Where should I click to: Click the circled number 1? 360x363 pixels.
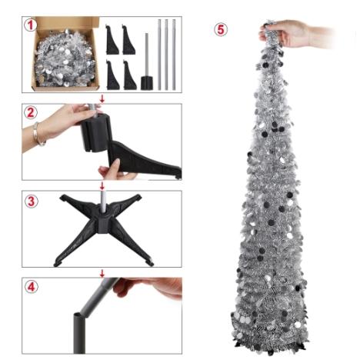click(31, 25)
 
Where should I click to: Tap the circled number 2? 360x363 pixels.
click(31, 112)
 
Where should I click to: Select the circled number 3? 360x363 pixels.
click(31, 201)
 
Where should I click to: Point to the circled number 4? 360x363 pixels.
click(31, 287)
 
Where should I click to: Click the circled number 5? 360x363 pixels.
click(221, 29)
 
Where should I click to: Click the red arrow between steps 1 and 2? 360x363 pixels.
click(102, 98)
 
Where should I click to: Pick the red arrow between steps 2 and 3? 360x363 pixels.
click(102, 186)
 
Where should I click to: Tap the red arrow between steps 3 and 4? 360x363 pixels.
click(102, 273)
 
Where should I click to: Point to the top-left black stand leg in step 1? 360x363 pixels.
click(112, 39)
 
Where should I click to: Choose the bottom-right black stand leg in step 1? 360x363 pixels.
click(129, 75)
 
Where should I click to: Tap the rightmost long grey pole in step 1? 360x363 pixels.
click(174, 55)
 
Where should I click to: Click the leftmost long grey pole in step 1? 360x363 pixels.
click(159, 55)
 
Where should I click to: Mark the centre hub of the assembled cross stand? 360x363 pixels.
click(103, 221)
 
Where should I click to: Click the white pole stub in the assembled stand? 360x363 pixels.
click(103, 201)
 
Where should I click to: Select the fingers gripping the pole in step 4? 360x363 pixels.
click(148, 287)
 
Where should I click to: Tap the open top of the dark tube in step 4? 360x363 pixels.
click(79, 314)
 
